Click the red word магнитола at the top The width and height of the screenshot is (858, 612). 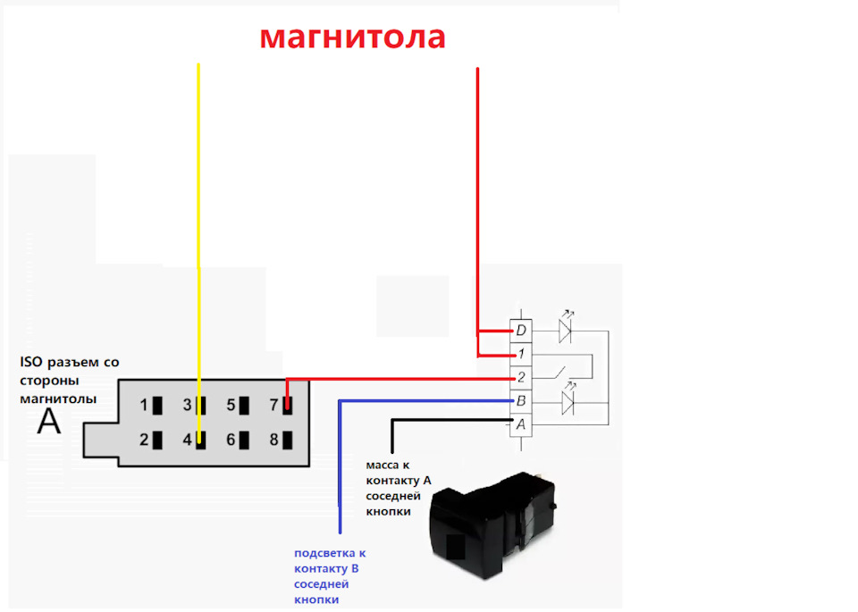[352, 38]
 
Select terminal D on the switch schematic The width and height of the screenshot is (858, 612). [521, 331]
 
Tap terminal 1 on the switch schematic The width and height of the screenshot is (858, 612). [521, 354]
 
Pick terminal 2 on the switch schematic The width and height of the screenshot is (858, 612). [521, 377]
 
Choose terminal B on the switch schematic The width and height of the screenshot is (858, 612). [521, 401]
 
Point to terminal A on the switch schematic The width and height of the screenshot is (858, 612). [521, 424]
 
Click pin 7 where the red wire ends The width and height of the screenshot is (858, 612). [287, 406]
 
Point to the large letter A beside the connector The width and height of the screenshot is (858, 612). [48, 422]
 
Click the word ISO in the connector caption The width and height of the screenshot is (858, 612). [30, 362]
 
